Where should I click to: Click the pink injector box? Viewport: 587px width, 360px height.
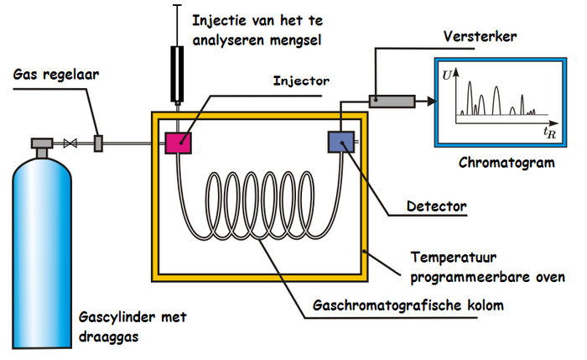tap(178, 142)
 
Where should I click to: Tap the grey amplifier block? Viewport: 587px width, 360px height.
tap(392, 101)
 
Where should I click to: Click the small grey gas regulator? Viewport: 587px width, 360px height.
tap(98, 143)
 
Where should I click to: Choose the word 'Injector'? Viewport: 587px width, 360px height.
tap(301, 81)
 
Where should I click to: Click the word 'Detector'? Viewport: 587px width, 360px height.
tap(435, 204)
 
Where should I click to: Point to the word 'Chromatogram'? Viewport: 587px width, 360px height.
tap(507, 162)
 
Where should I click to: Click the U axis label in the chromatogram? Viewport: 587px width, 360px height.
tap(447, 76)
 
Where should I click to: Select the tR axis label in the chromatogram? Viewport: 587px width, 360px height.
tap(549, 132)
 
